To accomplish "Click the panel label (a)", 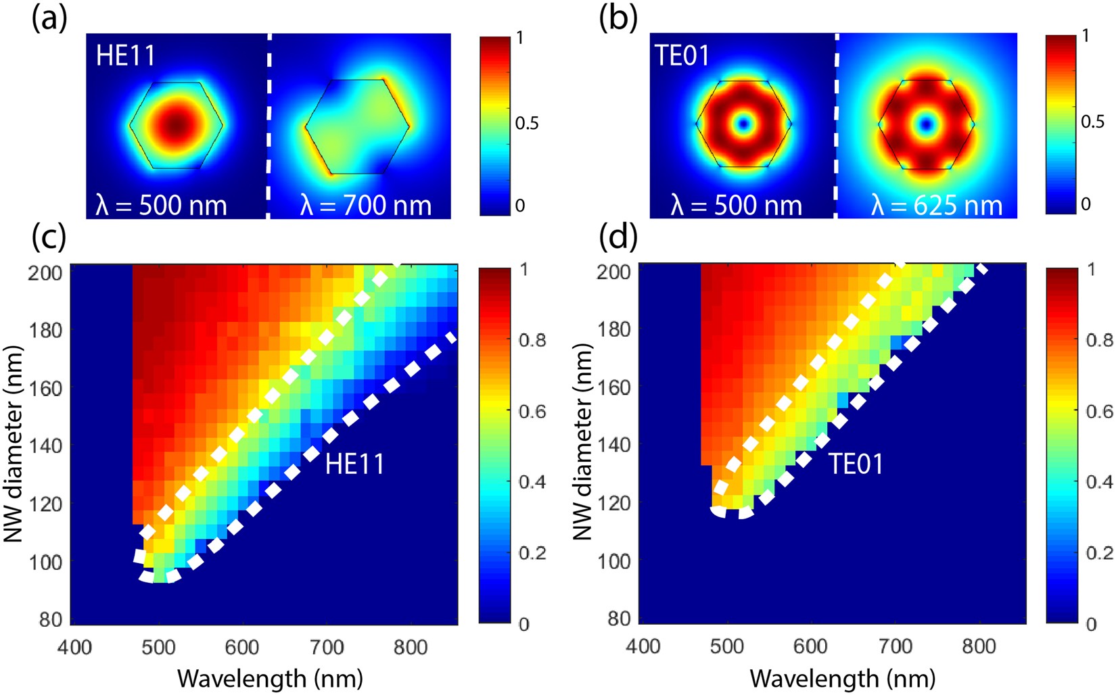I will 49,19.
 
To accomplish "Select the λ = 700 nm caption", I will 365,205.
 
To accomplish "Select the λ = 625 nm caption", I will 936,205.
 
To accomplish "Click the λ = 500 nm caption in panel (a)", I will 161,205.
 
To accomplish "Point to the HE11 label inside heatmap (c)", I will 354,464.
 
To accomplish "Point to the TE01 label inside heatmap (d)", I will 856,464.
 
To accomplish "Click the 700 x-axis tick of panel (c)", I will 327,647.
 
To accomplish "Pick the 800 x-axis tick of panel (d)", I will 978,647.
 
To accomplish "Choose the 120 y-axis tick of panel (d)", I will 615,503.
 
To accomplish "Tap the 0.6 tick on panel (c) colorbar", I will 532,411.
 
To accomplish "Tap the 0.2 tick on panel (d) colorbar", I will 1100,552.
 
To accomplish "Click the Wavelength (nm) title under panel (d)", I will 843,678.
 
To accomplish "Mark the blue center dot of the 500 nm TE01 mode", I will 745,124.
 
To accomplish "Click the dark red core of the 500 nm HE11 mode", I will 176,124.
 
